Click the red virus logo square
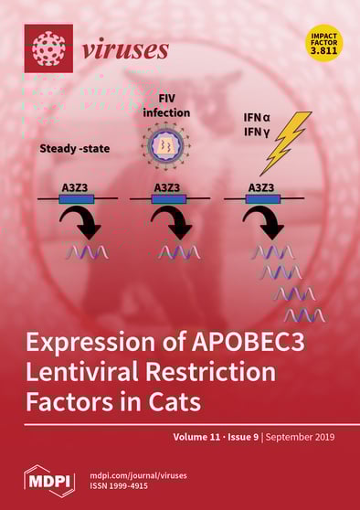pyautogui.click(x=48, y=48)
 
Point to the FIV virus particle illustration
pyautogui.click(x=166, y=147)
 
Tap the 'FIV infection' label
pyautogui.click(x=165, y=105)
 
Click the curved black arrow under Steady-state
pyautogui.click(x=83, y=222)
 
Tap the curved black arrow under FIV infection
pyautogui.click(x=173, y=222)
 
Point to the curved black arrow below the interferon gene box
pyautogui.click(x=266, y=222)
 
